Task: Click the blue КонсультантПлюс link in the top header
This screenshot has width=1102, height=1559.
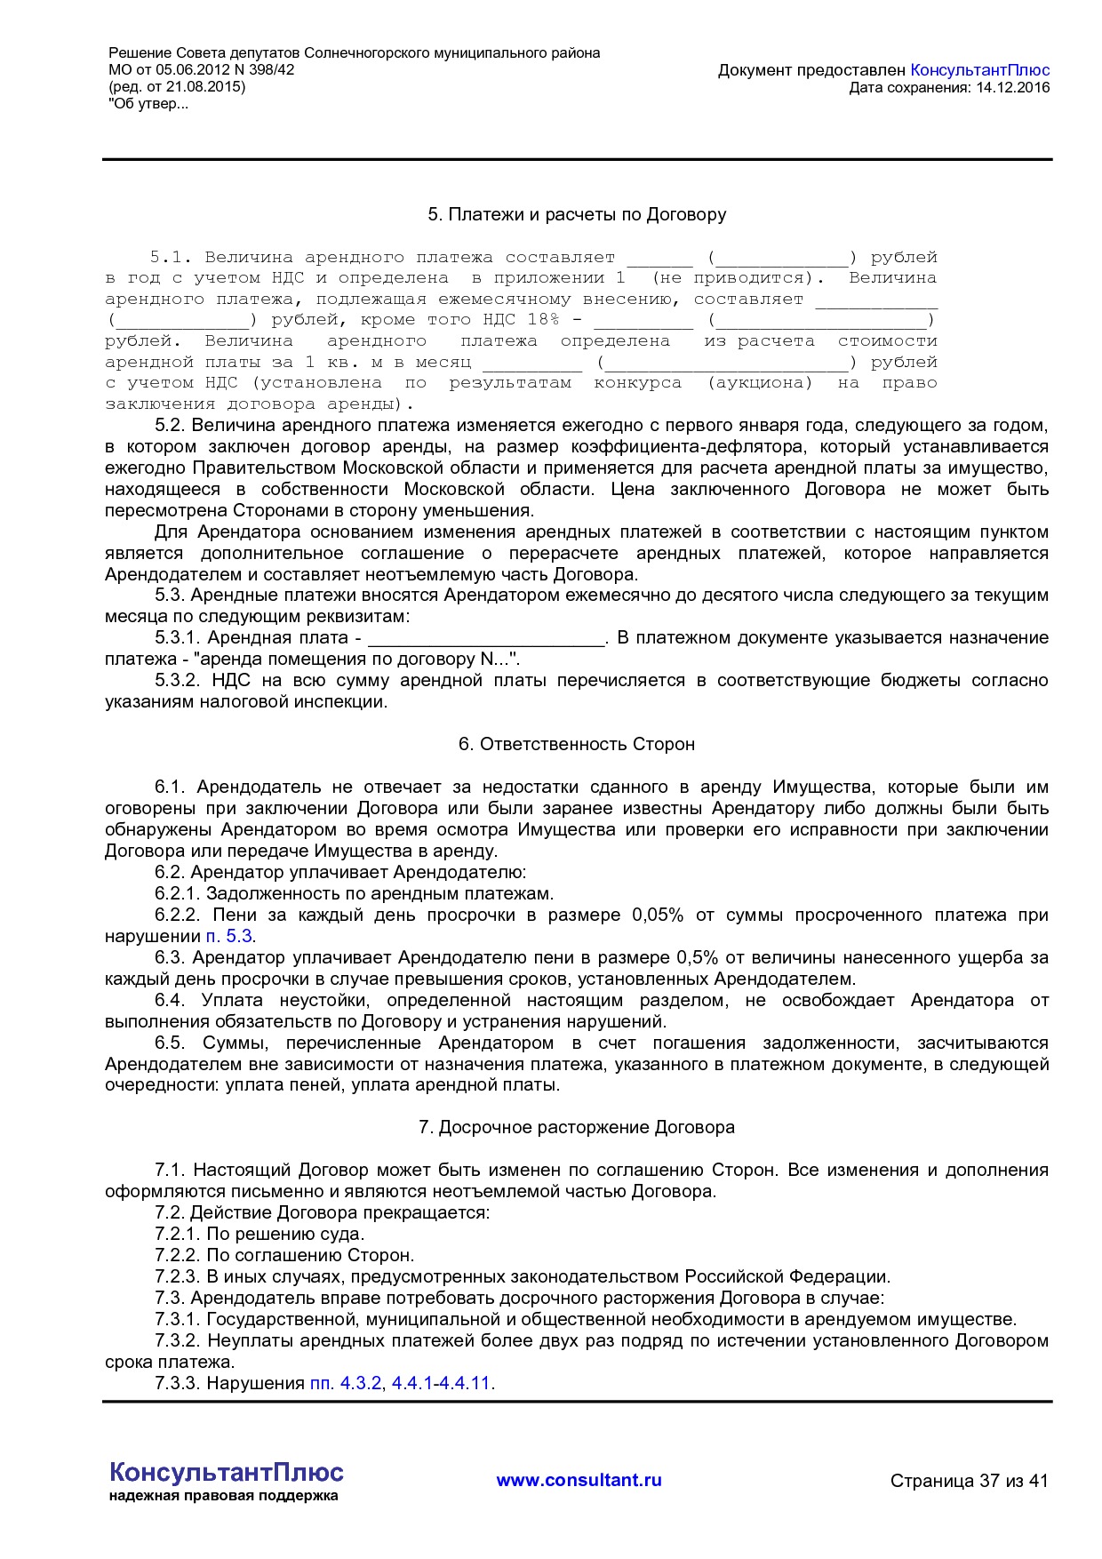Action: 980,70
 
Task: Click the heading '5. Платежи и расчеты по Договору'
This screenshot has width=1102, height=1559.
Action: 577,214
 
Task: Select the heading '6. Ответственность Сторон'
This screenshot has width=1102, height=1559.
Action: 577,744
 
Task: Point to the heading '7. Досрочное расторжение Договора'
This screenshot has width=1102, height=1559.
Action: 577,1127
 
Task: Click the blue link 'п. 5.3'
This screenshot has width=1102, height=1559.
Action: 229,936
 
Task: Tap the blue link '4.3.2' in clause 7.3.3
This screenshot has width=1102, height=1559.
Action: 360,1383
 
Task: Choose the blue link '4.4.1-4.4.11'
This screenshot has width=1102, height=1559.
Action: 441,1383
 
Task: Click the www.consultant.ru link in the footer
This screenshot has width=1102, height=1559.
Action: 579,1480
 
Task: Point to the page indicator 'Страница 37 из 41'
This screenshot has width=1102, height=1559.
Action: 969,1481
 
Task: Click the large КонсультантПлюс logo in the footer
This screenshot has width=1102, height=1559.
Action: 226,1472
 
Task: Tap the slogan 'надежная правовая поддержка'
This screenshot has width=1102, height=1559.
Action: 223,1496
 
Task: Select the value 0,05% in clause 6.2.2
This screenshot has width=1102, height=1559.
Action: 658,915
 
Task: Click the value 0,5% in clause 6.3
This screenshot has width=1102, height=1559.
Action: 697,957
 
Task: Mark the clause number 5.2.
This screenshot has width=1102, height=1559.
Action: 168,425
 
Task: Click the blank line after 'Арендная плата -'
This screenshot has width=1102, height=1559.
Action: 485,639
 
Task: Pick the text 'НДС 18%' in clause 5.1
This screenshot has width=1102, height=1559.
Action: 521,320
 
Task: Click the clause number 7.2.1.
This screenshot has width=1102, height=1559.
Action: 177,1234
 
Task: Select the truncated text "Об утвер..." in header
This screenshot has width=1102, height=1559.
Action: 148,104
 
